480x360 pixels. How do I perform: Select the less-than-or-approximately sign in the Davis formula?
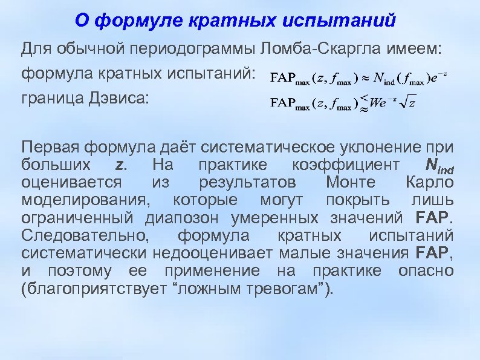[363, 102]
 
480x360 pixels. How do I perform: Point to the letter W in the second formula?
[375, 103]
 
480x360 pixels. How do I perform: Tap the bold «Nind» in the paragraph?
[439, 165]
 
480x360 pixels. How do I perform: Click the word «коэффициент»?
[345, 165]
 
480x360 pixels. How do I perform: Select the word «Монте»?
[349, 183]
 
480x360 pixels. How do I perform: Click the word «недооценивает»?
[210, 253]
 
